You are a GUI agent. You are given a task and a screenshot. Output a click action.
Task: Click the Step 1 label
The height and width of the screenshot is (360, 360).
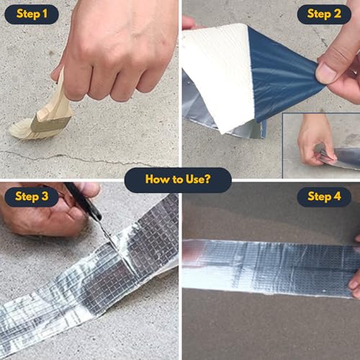click(x=32, y=14)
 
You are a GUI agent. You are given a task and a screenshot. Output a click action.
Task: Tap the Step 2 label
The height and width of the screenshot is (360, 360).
click(x=324, y=14)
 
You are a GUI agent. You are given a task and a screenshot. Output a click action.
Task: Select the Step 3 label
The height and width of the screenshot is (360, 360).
click(x=32, y=197)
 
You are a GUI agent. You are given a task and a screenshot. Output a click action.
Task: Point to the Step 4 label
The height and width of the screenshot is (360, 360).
click(x=324, y=197)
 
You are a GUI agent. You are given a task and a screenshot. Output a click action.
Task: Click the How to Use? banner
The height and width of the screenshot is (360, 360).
click(x=178, y=180)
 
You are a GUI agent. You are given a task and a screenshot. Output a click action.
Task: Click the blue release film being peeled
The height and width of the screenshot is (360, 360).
click(x=283, y=72)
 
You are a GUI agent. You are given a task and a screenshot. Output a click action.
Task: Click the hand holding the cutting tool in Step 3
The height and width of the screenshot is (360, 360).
click(x=45, y=211)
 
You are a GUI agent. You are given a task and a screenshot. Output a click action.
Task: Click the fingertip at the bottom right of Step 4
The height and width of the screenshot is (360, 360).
click(x=355, y=284)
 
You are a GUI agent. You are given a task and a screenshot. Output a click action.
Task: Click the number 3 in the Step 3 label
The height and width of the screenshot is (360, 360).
click(x=45, y=197)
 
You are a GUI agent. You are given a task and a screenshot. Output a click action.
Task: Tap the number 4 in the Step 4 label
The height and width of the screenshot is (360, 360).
click(x=337, y=197)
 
